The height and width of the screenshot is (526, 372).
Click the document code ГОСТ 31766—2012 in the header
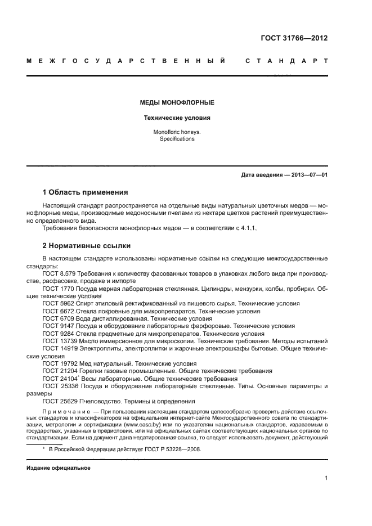[x=294, y=39]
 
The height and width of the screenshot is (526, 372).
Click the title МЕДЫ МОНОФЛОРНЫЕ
[x=177, y=103]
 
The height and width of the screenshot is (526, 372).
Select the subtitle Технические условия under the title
[x=177, y=118]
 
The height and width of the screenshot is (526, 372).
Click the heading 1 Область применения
[x=86, y=192]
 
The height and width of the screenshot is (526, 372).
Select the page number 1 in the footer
[x=326, y=478]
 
